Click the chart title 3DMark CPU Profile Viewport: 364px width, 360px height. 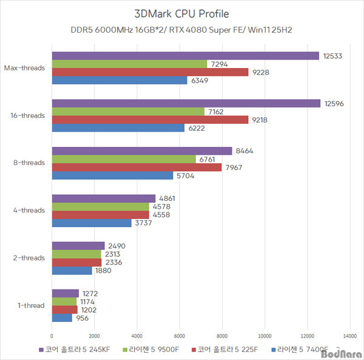pyautogui.click(x=181, y=13)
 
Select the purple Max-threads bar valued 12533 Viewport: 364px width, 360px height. pyautogui.click(x=185, y=56)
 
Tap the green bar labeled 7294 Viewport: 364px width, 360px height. pyautogui.click(x=129, y=64)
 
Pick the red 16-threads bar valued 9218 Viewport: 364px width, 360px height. pyautogui.click(x=150, y=120)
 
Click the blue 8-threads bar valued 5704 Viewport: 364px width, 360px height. pyautogui.click(x=112, y=175)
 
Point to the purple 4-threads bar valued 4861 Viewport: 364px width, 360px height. pyautogui.click(x=104, y=198)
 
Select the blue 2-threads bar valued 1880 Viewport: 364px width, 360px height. pyautogui.click(x=72, y=270)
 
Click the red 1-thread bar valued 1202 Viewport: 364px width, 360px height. pyautogui.click(x=65, y=310)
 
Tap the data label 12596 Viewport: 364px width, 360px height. pyautogui.click(x=334, y=104)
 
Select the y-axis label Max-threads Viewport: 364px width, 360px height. pyautogui.click(x=24, y=68)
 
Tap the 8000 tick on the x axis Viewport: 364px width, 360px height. pyautogui.click(x=221, y=336)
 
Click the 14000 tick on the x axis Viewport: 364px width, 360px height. pyautogui.click(x=349, y=336)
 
